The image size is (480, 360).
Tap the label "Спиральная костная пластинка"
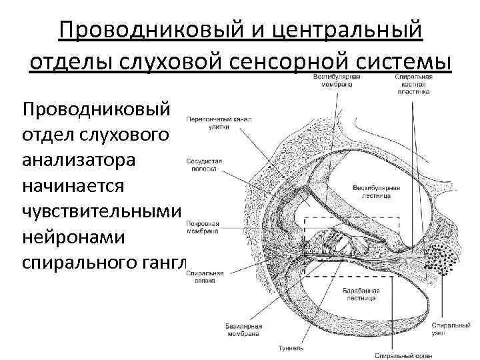click(x=413, y=84)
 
